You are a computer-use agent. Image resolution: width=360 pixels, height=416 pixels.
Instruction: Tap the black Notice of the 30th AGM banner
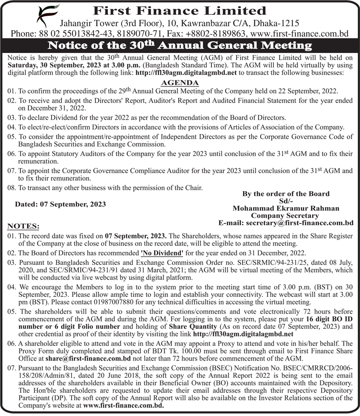(x=180, y=45)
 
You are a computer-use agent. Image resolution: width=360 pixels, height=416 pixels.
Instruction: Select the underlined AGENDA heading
(x=180, y=83)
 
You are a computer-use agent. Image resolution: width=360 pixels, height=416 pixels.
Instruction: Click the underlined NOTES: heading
(x=23, y=225)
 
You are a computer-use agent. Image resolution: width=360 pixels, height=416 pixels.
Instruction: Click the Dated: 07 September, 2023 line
(x=61, y=204)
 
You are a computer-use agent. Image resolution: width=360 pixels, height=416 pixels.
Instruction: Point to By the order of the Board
(x=286, y=194)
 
